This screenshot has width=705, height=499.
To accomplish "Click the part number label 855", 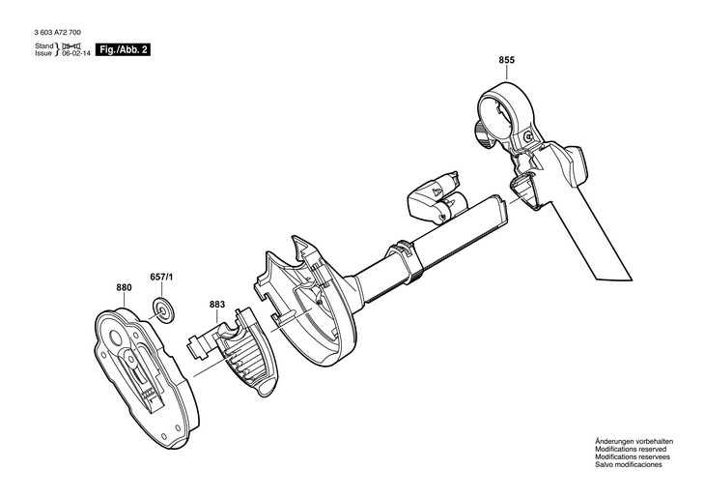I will click(507, 61).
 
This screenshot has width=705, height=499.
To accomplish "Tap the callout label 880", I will click(124, 287).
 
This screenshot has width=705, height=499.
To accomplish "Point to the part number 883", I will click(217, 306).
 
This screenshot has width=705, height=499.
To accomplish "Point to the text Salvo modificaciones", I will click(629, 465).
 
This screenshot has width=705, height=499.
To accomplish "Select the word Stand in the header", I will click(44, 45).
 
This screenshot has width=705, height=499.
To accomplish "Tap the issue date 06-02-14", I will click(74, 54).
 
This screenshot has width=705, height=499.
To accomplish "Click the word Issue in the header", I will click(43, 54).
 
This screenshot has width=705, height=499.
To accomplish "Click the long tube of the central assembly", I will click(435, 242).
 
